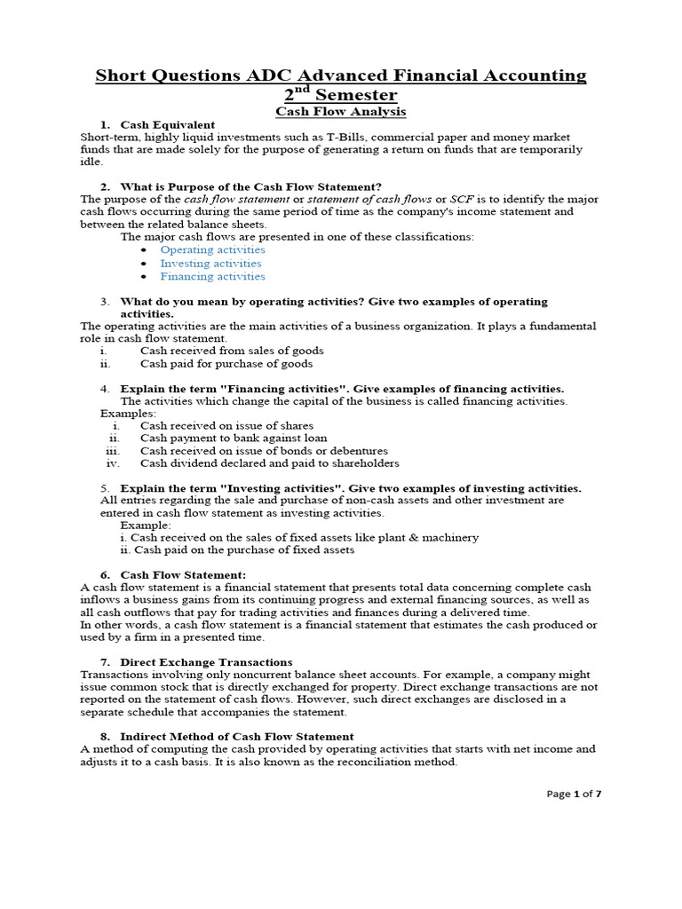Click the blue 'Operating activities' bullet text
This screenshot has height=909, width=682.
(212, 249)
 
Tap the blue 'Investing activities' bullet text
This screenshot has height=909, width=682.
(210, 263)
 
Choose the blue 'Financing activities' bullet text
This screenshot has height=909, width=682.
(212, 276)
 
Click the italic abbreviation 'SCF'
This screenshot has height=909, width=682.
(462, 199)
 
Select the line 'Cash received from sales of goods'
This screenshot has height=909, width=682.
(232, 351)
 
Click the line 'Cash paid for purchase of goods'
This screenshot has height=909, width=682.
(226, 363)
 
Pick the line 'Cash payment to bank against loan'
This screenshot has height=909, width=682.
(234, 438)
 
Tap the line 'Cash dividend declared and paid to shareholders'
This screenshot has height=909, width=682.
(269, 462)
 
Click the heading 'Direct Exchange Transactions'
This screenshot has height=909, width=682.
(206, 662)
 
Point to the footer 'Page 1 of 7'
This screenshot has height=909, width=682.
(575, 794)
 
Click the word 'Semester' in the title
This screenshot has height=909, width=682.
(353, 95)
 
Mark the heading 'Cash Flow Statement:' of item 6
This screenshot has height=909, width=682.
(183, 575)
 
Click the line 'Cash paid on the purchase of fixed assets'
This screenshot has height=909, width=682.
(237, 549)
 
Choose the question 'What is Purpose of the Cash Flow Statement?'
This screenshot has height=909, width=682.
(250, 186)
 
